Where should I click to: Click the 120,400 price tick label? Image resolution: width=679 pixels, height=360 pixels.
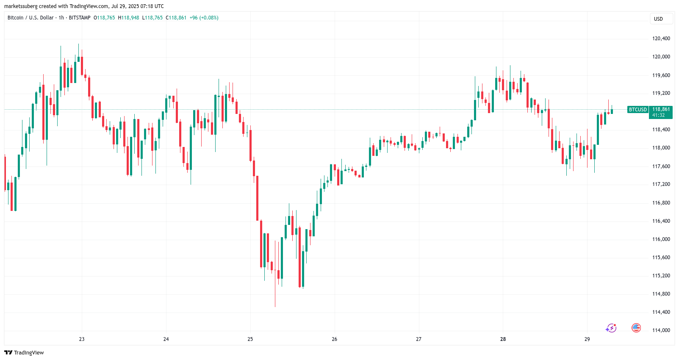click(x=661, y=39)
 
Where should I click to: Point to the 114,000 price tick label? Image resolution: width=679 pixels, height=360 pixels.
click(x=661, y=330)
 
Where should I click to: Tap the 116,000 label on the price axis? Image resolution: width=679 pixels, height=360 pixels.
click(x=661, y=239)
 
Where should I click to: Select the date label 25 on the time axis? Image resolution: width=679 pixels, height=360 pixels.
click(x=250, y=339)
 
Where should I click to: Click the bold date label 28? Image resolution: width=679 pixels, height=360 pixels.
click(x=503, y=339)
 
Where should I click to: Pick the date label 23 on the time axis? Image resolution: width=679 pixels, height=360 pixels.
click(x=82, y=339)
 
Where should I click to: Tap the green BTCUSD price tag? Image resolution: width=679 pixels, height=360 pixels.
click(x=637, y=110)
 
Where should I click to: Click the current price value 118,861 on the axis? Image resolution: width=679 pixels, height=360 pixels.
click(x=661, y=109)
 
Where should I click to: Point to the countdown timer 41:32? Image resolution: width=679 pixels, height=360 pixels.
click(x=658, y=115)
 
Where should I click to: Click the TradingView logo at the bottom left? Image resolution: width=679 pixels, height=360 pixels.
click(x=24, y=352)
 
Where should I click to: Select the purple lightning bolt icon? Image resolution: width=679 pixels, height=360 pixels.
click(x=611, y=328)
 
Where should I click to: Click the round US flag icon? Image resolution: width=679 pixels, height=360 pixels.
click(x=636, y=328)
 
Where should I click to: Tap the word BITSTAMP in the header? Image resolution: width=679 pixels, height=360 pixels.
click(x=80, y=18)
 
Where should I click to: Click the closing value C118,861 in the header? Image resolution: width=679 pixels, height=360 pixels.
click(x=176, y=18)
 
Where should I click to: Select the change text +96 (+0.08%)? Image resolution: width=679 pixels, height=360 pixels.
click(x=204, y=18)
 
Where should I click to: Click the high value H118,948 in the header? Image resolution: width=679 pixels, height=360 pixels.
click(x=128, y=18)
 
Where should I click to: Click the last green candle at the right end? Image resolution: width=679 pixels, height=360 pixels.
click(x=612, y=111)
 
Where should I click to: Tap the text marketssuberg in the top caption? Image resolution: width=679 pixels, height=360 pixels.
click(x=21, y=6)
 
